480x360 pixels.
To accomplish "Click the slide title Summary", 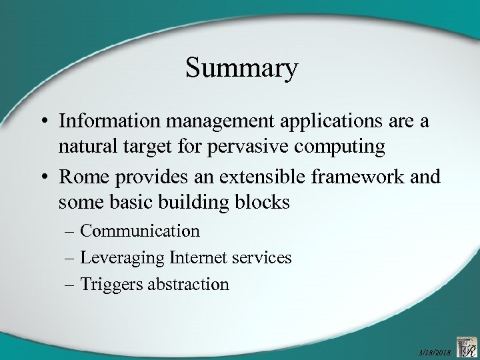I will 241,69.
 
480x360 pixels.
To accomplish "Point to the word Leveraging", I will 123,257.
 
